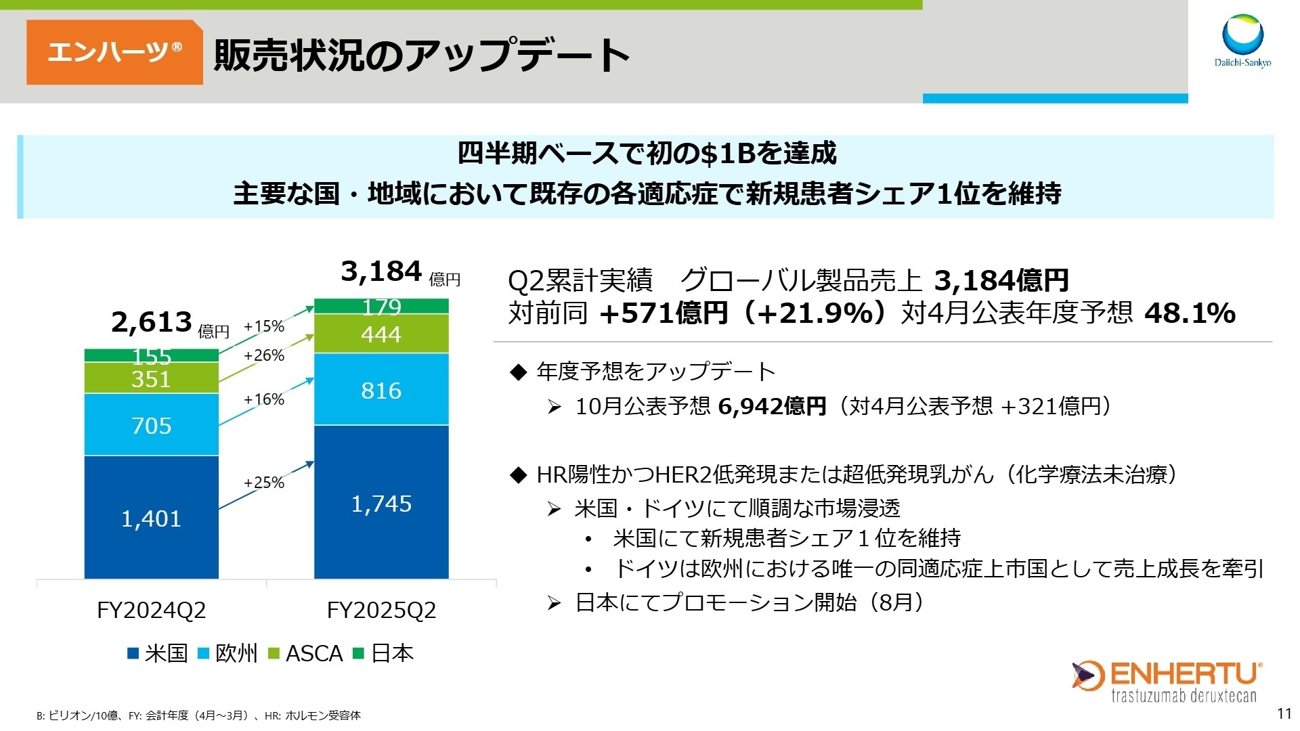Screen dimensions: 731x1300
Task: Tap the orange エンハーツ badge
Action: (114, 52)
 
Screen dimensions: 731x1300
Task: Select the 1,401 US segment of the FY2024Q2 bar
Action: (151, 518)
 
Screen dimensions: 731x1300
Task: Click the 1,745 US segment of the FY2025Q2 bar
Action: (381, 504)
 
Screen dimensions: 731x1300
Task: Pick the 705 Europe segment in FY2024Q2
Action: (151, 425)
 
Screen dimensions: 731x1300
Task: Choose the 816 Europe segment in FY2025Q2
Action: (381, 390)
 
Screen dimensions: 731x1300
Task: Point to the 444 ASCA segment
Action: (381, 334)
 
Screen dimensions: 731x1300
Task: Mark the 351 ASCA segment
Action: (151, 378)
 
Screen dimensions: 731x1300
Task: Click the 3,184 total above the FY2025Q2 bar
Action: (381, 271)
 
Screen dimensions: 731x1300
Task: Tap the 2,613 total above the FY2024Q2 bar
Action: (152, 322)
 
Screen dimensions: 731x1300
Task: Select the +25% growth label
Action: (263, 483)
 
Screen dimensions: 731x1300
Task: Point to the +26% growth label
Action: (263, 355)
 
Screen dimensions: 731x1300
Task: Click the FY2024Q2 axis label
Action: (151, 610)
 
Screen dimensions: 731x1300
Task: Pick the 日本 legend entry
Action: (384, 653)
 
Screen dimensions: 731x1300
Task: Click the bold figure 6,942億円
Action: (772, 406)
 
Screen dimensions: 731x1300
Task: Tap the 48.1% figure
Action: (1190, 313)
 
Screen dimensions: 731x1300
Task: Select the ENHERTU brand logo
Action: (1166, 681)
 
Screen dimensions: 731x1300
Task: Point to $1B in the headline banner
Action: (728, 154)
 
